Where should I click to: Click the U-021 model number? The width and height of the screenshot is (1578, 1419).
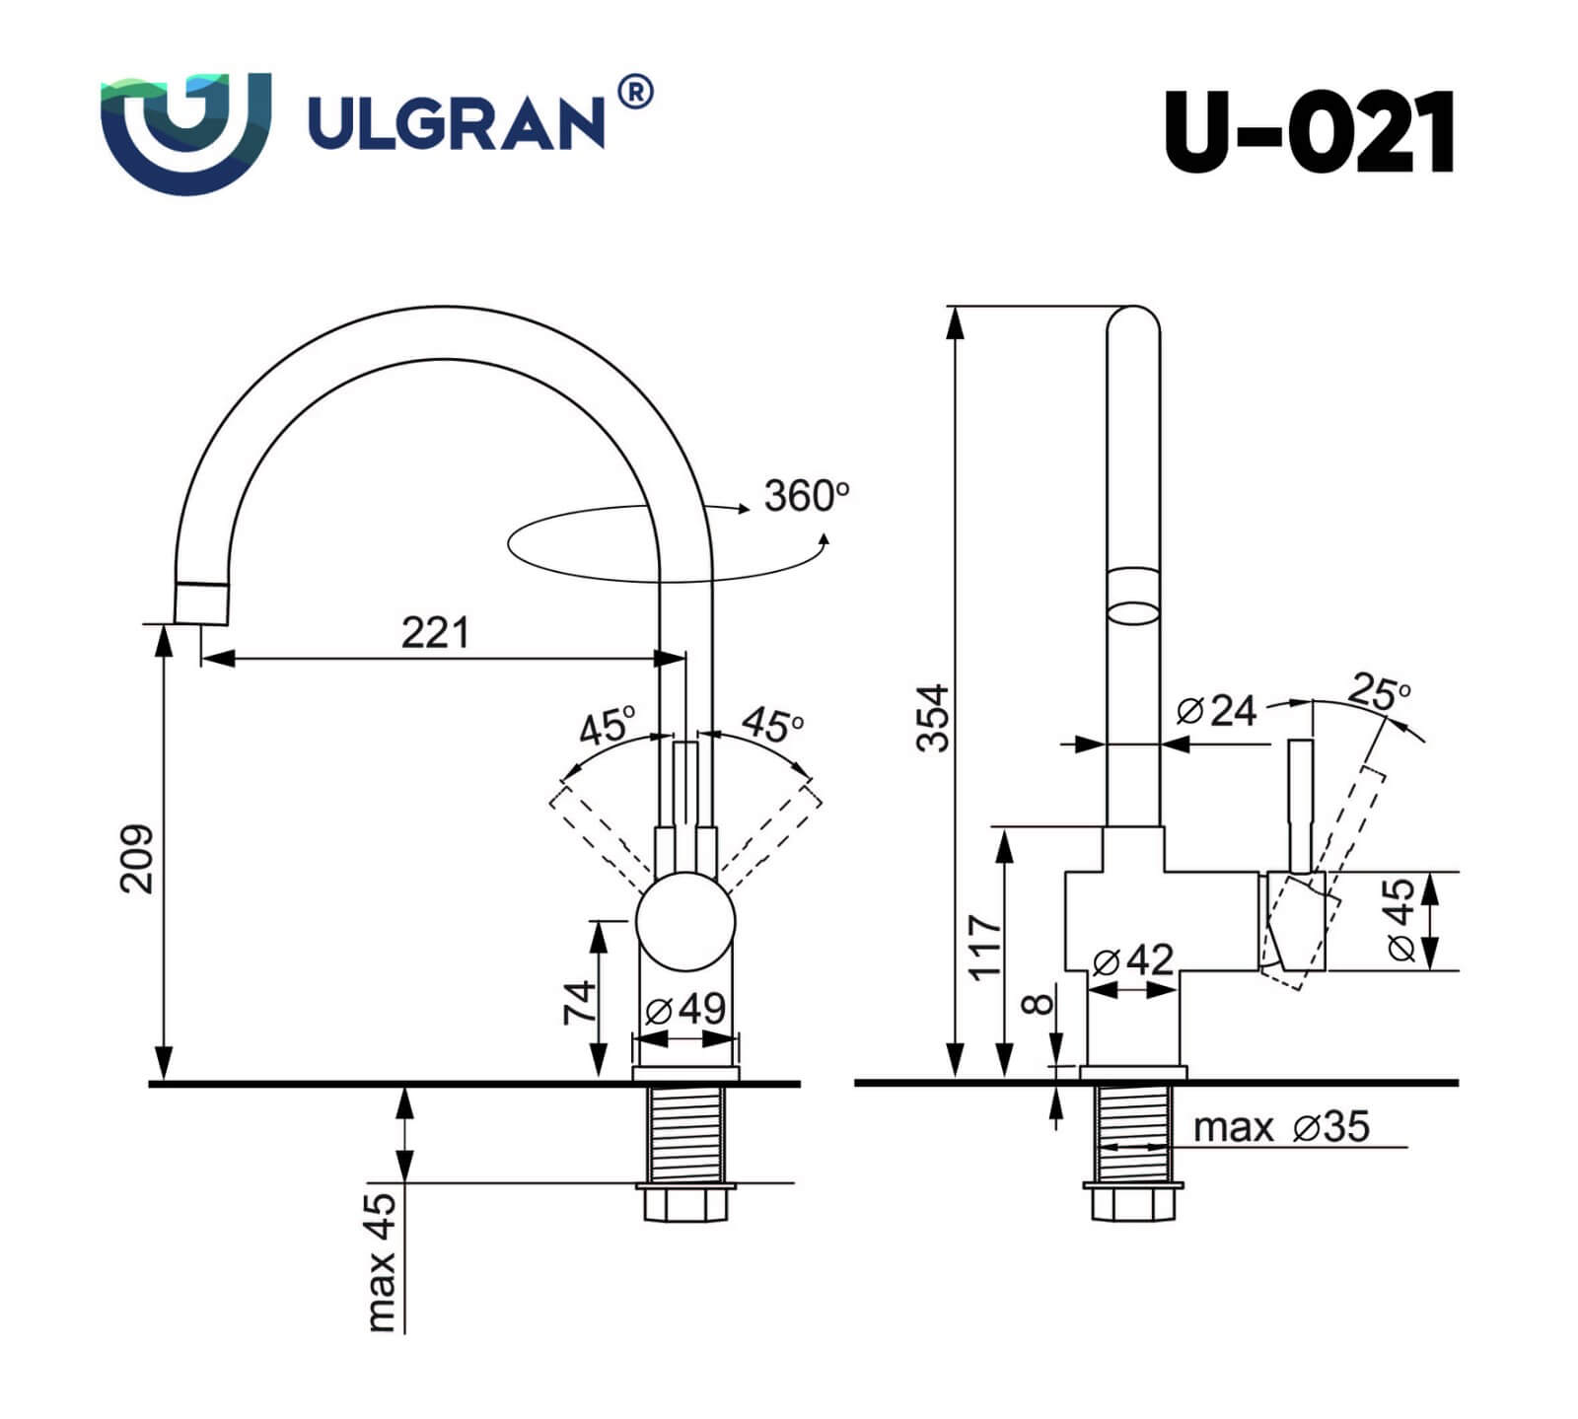coord(1309,132)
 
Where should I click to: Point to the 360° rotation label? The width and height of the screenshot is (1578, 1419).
coord(806,495)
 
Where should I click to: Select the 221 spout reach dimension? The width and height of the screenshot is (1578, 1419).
coord(435,632)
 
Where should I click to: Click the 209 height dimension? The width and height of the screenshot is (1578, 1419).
coord(137,858)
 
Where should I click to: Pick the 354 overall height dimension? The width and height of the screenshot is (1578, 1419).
coord(932,717)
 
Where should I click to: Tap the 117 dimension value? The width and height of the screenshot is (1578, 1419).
coord(985,947)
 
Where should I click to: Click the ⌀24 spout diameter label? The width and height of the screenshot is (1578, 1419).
coord(1217,710)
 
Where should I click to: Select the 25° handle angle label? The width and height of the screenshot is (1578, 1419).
coord(1379,691)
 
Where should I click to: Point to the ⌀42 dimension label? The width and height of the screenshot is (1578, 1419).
coord(1133,959)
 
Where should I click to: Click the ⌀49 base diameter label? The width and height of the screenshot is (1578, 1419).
coord(685,1009)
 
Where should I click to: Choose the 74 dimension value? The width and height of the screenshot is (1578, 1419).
coord(580,1001)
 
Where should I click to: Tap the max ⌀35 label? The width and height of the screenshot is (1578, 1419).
coord(1280,1126)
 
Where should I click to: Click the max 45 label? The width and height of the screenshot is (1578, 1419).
coord(382,1261)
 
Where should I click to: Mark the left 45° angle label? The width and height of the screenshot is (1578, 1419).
coord(607,727)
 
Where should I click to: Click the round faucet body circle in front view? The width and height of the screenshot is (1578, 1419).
coord(685,921)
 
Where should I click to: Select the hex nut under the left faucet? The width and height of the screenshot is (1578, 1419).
coord(685,1203)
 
